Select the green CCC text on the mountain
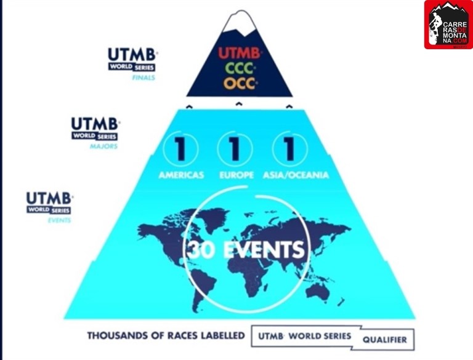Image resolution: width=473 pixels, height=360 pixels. (238, 68)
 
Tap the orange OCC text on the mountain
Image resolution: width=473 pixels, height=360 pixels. (239, 83)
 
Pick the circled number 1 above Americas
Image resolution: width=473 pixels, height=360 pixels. (181, 149)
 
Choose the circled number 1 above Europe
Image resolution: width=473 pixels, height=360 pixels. (235, 149)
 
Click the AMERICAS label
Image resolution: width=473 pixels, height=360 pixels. (180, 175)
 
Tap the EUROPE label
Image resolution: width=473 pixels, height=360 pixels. (236, 175)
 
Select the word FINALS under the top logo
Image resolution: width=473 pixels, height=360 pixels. (143, 79)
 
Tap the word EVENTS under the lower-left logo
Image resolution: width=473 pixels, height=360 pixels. (59, 220)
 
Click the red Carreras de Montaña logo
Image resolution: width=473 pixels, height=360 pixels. (448, 25)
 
